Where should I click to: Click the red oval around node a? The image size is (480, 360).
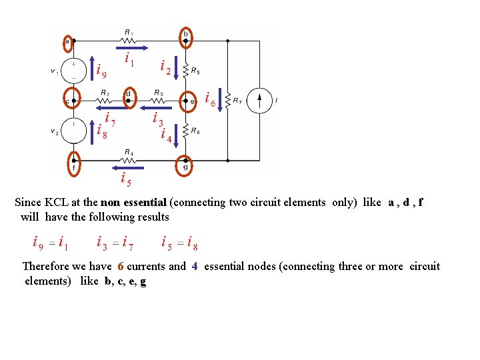67,41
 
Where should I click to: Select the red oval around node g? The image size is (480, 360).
185,165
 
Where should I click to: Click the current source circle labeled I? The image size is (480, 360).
260,101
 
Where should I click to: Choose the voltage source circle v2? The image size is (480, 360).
74,129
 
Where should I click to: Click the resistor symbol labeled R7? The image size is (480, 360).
228,101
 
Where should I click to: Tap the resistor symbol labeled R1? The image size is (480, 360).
129,40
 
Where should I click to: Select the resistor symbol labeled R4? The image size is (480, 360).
129,160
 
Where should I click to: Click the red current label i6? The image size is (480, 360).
210,99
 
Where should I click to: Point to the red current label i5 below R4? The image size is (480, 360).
125,178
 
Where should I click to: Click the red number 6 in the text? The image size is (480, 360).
121,267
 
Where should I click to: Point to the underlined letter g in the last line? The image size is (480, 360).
143,281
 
